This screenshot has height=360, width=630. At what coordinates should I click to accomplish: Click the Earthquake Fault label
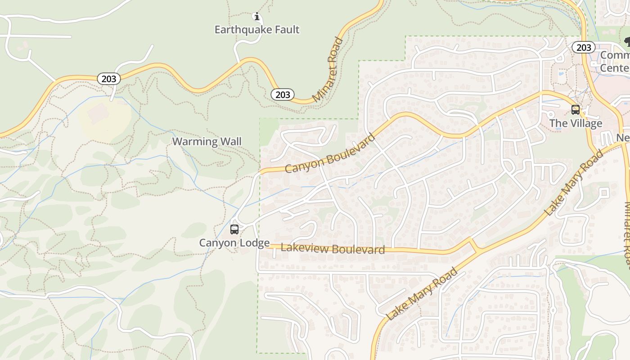point(257,30)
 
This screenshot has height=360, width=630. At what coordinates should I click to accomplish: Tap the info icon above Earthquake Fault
point(257,17)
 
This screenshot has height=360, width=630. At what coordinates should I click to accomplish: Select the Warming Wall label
point(207,142)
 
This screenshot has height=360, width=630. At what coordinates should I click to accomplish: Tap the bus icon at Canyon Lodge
point(234,229)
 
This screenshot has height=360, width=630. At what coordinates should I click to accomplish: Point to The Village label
point(576,123)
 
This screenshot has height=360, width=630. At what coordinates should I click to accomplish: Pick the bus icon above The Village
point(575,109)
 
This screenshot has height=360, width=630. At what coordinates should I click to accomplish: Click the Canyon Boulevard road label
point(330,154)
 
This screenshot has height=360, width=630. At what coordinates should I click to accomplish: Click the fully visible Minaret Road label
point(328,70)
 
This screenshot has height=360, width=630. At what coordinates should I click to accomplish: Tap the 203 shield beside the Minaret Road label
point(283,94)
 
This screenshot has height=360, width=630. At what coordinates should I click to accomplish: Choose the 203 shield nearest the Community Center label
point(584,47)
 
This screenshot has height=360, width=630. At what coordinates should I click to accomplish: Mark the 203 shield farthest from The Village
point(108,79)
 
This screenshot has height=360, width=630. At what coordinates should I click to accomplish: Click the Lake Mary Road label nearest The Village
point(574,183)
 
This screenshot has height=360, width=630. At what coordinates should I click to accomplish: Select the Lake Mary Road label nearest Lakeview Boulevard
point(422,293)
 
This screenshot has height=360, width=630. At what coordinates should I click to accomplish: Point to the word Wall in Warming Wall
point(230,142)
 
